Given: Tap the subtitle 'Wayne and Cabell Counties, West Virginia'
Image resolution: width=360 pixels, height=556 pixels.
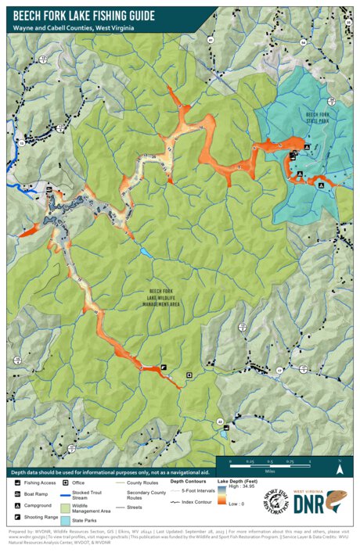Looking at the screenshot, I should (x=74, y=28).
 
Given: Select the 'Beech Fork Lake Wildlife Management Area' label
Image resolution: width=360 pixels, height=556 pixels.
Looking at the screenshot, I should (x=164, y=293).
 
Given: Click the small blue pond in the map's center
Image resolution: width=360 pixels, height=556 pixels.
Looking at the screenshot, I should (x=146, y=252).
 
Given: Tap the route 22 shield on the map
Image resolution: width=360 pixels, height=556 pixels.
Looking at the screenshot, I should (x=220, y=421).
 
